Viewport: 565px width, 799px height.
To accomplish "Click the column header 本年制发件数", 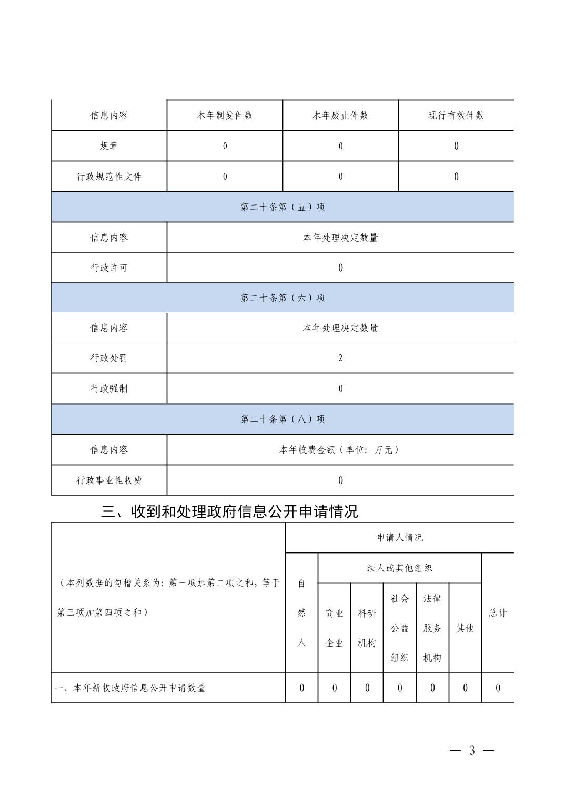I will coord(225,116).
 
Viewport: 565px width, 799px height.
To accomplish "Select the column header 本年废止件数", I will coord(340,116).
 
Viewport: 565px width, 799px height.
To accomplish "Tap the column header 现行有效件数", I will coord(456,116).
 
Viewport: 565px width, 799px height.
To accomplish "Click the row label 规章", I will coord(109,146).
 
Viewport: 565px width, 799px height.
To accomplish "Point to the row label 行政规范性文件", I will coord(109,177).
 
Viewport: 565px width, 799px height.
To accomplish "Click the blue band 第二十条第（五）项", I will coord(282,207).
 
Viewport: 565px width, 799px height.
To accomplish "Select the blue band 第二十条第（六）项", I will coord(282,298).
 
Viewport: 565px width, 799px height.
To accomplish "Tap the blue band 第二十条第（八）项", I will coord(282,419).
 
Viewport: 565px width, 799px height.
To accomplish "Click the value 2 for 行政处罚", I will coord(340,358).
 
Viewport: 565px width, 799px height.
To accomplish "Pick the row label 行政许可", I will coord(109,268).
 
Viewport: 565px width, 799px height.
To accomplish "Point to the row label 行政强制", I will coord(109,389).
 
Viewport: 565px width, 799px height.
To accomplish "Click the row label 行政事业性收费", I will coord(109,480).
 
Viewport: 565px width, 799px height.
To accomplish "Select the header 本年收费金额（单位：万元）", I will coord(340,450).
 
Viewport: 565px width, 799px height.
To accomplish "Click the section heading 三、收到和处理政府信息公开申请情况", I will coord(229,511).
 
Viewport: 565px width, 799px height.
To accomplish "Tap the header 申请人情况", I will coord(400,538).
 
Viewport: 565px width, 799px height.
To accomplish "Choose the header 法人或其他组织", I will coord(400,568).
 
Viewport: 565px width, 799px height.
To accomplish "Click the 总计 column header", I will coord(498,613).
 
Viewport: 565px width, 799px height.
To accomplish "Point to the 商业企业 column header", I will coord(334,628).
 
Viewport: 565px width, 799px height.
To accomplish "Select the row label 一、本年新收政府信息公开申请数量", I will coord(130,688).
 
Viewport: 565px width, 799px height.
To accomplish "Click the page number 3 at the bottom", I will coord(472,751).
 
